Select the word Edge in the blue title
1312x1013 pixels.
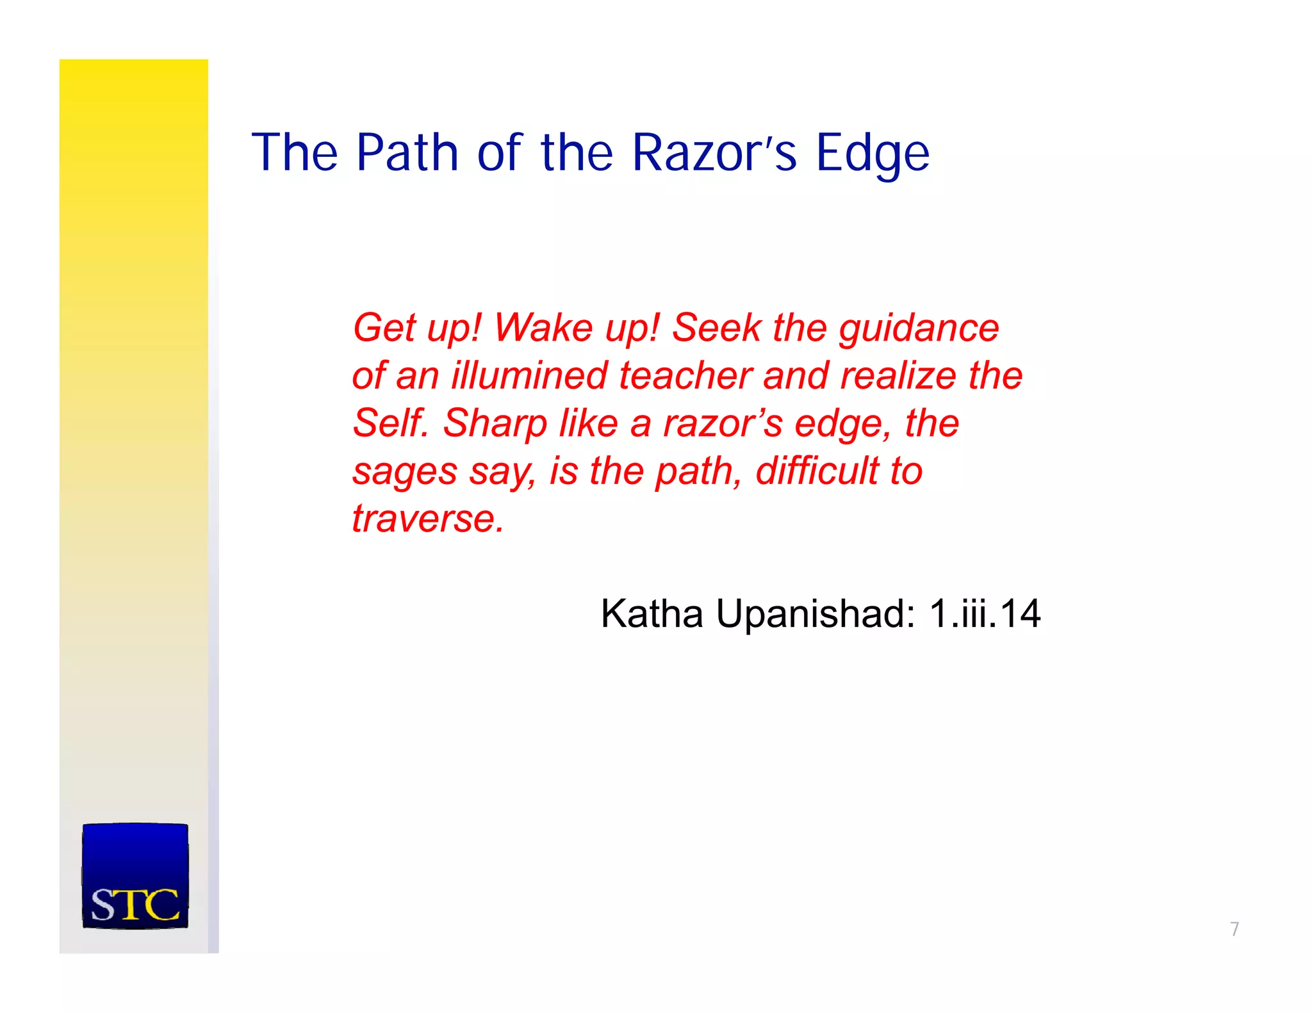click(872, 154)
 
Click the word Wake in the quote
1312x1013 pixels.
click(543, 328)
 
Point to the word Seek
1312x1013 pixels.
click(716, 328)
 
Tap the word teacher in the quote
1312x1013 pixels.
click(685, 375)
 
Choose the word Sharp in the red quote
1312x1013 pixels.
click(495, 425)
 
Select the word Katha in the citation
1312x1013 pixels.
click(652, 613)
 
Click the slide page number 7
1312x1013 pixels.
click(1234, 928)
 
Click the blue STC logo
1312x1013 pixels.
click(135, 875)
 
